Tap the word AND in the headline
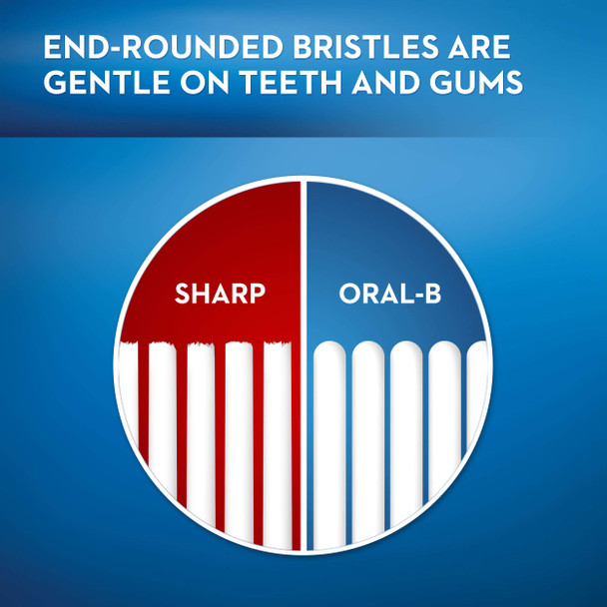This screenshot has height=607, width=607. [380, 84]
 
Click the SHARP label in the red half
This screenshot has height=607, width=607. [220, 295]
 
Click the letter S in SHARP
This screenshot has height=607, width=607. [183, 295]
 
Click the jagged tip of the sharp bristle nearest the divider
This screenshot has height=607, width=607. [277, 346]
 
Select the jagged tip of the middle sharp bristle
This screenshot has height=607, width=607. [201, 346]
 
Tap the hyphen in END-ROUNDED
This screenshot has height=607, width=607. [102, 49]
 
